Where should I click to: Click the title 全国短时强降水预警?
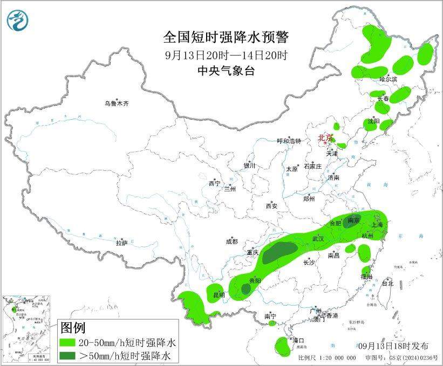226,37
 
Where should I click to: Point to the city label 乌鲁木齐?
118,103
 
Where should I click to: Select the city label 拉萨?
121,243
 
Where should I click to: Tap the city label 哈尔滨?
387,79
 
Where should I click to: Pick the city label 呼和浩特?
288,141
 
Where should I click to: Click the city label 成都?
232,242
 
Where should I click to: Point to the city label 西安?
271,206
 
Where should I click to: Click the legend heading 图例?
73,328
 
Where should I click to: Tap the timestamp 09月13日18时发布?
393,346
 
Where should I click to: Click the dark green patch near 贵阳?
246,289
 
